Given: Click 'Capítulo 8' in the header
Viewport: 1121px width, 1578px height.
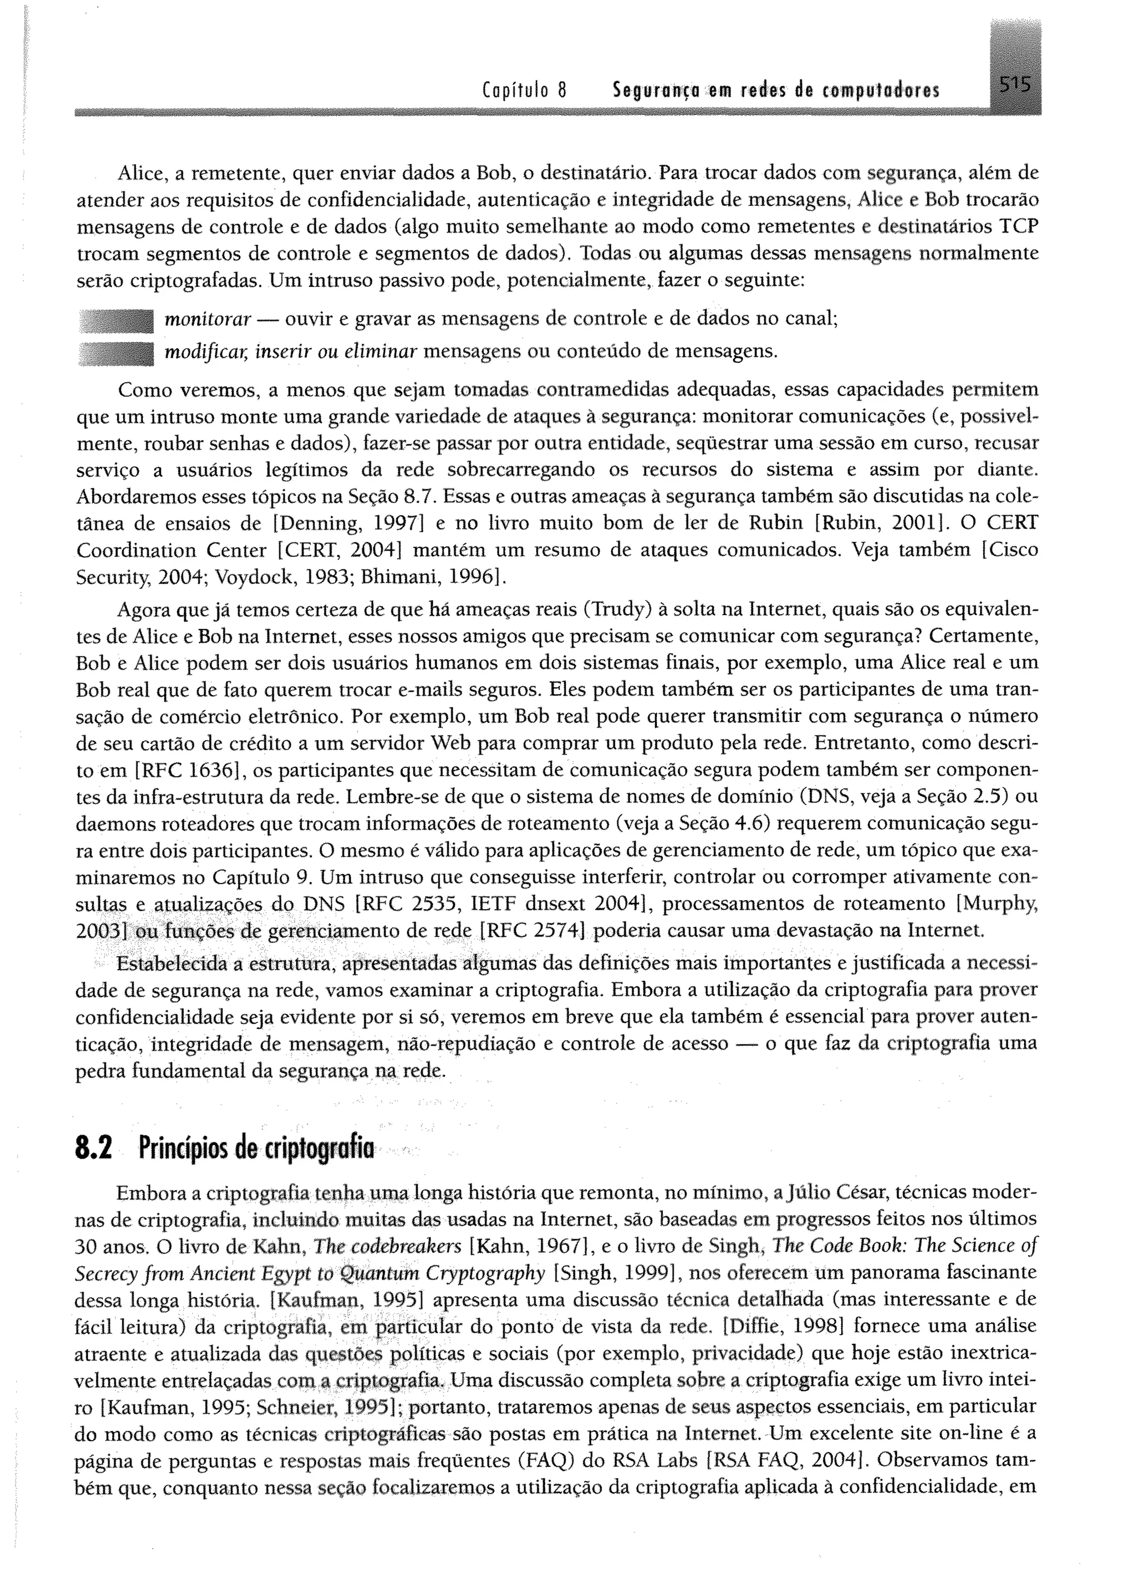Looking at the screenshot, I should [x=515, y=91].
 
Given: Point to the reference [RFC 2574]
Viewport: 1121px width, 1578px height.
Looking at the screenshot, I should [x=533, y=931].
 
